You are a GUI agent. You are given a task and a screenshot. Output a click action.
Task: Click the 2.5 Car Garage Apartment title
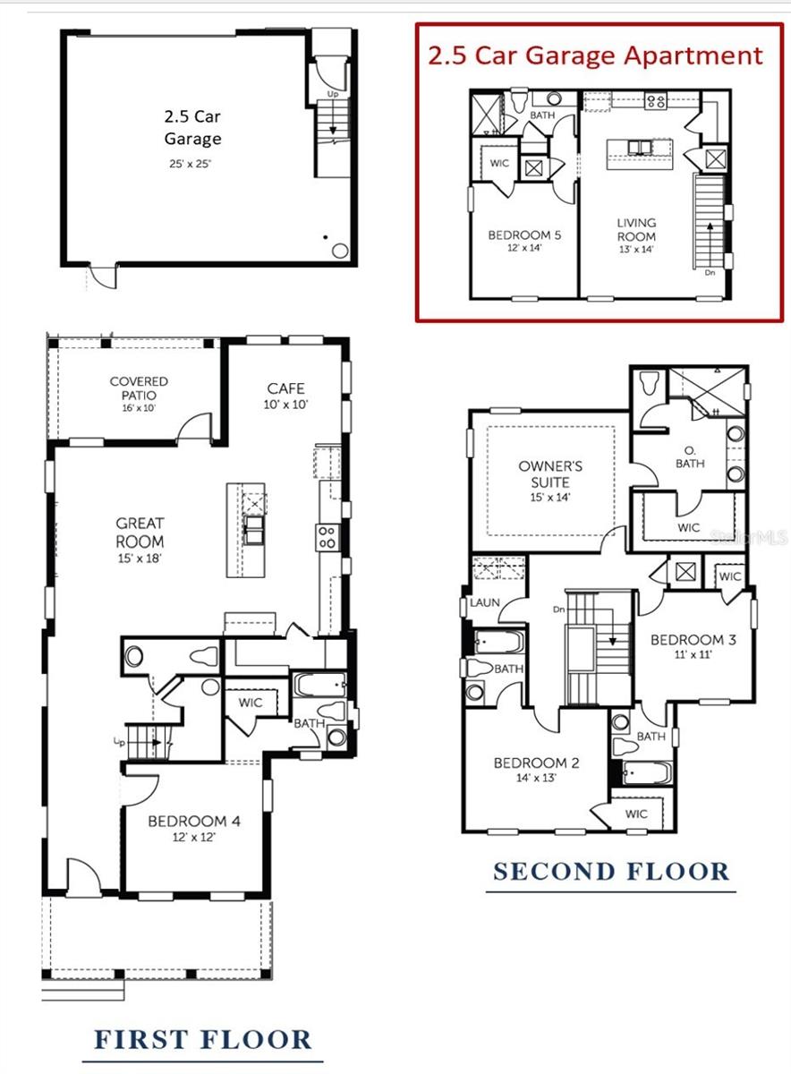click(596, 55)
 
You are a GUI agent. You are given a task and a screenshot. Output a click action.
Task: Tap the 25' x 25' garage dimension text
click(191, 164)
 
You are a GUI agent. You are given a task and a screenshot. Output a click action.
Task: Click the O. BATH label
click(690, 456)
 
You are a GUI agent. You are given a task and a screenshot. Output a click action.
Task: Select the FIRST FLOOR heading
click(203, 1040)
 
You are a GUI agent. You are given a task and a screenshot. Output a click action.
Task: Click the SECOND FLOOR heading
click(612, 871)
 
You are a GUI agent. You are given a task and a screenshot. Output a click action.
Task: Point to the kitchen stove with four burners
click(327, 537)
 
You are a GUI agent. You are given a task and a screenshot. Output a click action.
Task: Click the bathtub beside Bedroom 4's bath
click(320, 686)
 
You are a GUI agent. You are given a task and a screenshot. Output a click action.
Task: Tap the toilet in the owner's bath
click(649, 383)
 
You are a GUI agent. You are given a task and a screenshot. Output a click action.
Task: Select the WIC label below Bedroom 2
click(636, 814)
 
